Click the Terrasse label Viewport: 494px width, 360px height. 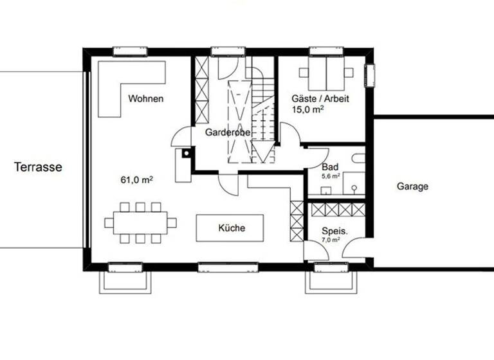point(38,167)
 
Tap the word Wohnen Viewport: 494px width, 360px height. point(145,99)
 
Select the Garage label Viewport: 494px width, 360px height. point(412,186)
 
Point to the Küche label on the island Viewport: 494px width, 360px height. point(232,228)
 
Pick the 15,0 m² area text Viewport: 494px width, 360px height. point(307,110)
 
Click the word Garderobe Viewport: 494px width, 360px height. point(227,132)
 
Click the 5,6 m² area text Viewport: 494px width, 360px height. point(330,175)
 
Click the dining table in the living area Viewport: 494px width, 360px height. point(140,222)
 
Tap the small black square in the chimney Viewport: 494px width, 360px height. point(186,153)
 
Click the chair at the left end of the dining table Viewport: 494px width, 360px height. point(109,222)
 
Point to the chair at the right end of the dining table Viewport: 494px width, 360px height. point(171,222)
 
